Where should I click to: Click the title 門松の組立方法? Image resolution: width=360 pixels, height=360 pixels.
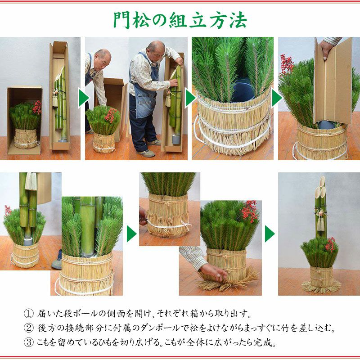coord(180,20)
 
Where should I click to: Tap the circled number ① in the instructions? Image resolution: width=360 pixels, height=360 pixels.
coord(29,314)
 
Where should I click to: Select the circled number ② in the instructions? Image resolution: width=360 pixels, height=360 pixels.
coord(29,328)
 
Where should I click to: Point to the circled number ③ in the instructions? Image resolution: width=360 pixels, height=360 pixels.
coord(29,343)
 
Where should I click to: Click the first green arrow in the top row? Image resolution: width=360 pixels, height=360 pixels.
coord(84,98)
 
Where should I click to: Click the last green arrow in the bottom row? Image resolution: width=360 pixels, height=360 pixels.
coord(270,234)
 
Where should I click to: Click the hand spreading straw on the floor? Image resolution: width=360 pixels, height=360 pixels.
coord(215,272)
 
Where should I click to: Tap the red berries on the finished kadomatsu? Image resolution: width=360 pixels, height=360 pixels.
coord(331,245)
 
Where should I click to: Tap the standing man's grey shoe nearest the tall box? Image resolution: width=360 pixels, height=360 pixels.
coord(153,142)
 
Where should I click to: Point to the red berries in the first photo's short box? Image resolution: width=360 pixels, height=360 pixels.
coord(37,107)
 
